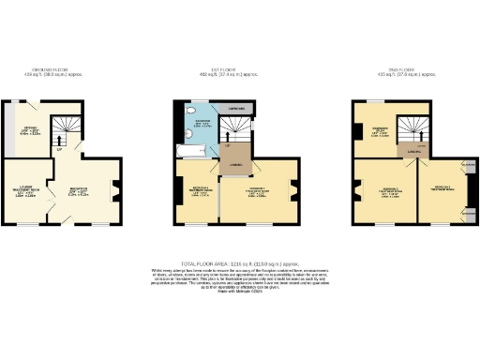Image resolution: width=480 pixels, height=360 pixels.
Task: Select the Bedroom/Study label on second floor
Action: pos(379,132)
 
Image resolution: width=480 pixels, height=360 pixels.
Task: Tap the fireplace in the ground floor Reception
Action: pos(115,192)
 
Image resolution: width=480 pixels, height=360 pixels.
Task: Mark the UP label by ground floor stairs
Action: pos(59,150)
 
